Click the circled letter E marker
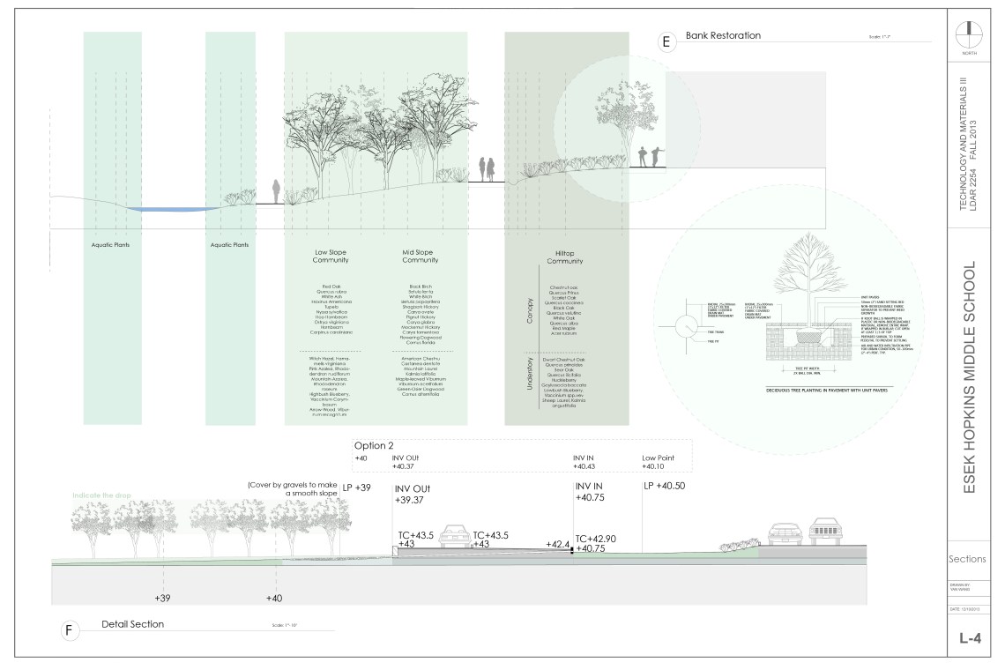(666, 41)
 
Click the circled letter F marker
(67, 630)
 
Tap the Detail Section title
(132, 624)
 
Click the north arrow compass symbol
(967, 33)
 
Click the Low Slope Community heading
(331, 256)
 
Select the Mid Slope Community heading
(420, 256)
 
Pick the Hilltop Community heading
(565, 257)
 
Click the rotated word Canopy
(529, 312)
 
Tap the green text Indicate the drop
(101, 495)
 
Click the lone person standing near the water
(276, 191)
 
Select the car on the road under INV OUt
(454, 534)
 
